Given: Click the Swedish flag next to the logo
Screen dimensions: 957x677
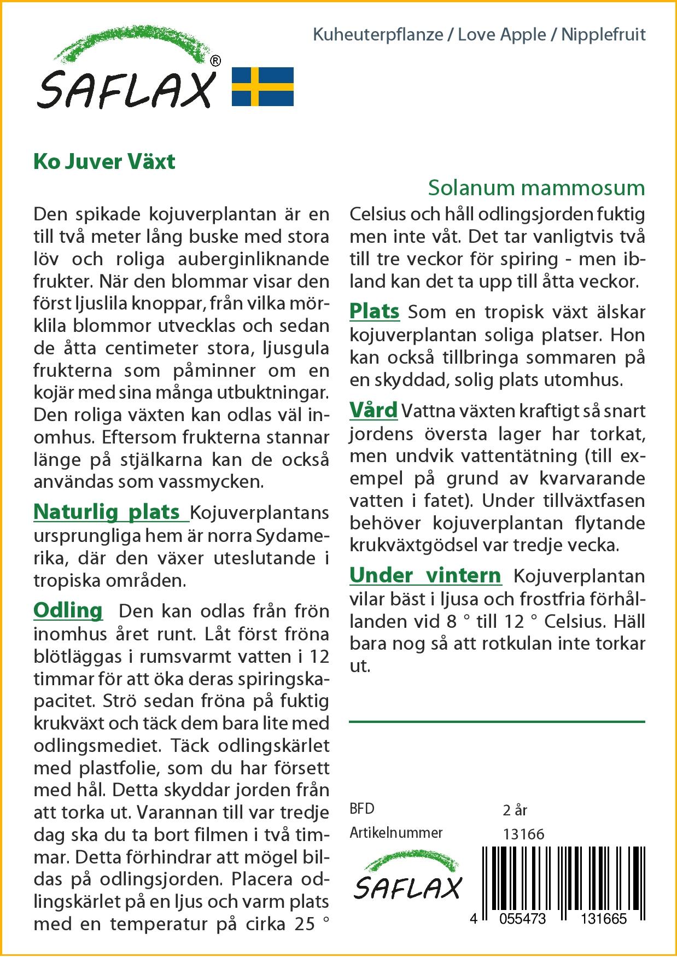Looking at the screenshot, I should coord(262,86).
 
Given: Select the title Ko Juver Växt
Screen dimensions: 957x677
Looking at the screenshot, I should coord(104,162).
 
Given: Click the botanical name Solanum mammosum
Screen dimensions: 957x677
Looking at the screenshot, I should coord(536,188).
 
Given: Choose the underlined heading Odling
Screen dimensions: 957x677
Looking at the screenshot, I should coord(68,610).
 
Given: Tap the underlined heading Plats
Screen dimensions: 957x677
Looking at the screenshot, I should coord(375,312).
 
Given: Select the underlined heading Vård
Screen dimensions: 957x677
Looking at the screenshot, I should coord(373,410).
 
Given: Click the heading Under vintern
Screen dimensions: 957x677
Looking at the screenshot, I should coord(425,575).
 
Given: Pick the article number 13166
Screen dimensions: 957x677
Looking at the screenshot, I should coord(523,834).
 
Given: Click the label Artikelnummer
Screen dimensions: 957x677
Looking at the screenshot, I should coord(396,833).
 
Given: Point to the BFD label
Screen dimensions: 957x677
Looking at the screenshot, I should coord(362,809).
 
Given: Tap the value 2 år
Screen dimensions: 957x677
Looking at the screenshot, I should coord(515,810).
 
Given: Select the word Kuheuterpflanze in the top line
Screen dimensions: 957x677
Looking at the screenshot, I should coord(378,35).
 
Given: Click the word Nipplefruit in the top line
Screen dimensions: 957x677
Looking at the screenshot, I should coord(604,35).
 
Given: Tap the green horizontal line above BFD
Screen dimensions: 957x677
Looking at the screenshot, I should coord(497,722).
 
